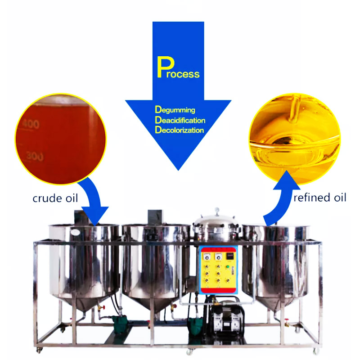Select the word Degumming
175,109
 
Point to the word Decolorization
179,130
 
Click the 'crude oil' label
54,198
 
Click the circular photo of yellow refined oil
295,137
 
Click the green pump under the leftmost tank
121,323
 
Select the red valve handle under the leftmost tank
101,308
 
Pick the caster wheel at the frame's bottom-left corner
39,349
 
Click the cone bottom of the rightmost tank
269,301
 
